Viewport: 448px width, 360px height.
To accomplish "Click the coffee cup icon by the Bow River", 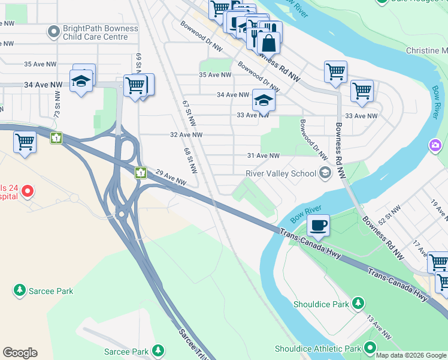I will coord(318,225).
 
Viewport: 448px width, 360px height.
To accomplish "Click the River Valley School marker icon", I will coord(325,174).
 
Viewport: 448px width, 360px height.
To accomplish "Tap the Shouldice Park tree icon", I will coord(358,304).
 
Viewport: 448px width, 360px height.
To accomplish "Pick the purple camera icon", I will coord(435,145).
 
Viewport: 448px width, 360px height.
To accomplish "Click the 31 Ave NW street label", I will coord(264,156).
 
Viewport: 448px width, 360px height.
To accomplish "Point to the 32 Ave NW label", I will coord(186,135).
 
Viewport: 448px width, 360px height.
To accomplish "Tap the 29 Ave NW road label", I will coord(171,177).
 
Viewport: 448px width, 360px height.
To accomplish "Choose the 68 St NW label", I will coord(190,158).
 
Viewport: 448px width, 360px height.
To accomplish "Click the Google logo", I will coord(20,353).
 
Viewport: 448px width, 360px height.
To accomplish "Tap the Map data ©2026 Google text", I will coord(411,355).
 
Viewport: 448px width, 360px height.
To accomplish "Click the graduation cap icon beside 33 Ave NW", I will coord(263,100).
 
